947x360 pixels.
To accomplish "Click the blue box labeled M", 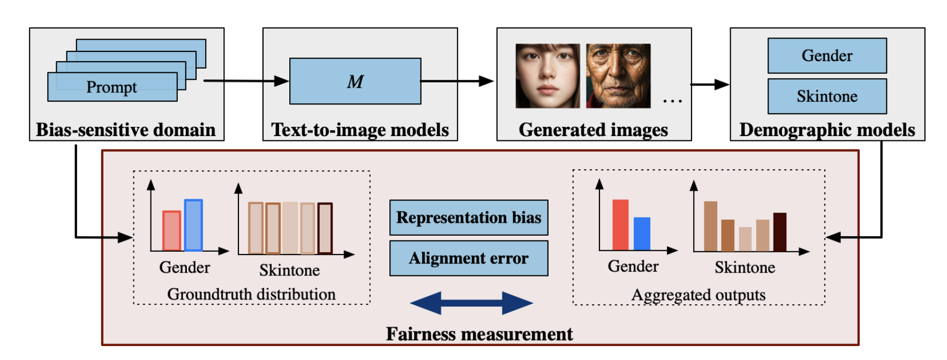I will (x=355, y=81).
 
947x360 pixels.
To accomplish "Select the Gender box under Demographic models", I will (x=827, y=56).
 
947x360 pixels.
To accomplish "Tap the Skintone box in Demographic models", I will (x=827, y=96).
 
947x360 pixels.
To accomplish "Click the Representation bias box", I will (x=469, y=217).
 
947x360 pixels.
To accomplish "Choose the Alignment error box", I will (x=469, y=258).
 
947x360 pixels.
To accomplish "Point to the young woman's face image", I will (x=547, y=76).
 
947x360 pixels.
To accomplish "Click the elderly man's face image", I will (x=618, y=76).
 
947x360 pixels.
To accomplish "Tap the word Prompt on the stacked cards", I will (x=111, y=87).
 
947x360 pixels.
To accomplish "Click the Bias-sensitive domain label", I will (x=126, y=130).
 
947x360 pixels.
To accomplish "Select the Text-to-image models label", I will (x=360, y=130).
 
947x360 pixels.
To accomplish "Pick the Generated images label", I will (x=593, y=130).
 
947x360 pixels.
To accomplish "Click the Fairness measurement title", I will (x=479, y=334).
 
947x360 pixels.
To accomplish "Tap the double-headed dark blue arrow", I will (x=471, y=303).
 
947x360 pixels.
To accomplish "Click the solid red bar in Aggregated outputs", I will (x=620, y=225).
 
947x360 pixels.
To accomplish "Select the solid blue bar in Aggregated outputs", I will (x=642, y=234).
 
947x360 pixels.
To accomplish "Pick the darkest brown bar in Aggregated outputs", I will (x=780, y=232).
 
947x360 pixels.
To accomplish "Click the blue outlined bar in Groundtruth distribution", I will (x=193, y=225).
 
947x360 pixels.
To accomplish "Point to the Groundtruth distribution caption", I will (x=251, y=294).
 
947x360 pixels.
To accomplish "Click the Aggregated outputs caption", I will (x=698, y=295).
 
